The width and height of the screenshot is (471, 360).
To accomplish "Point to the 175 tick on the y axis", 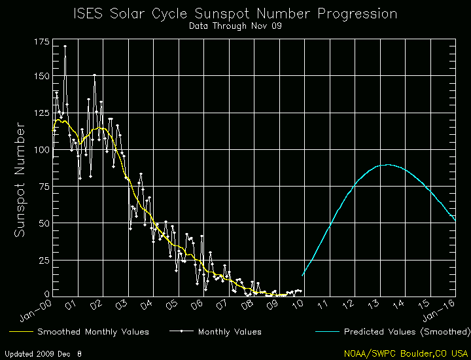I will click(41, 42).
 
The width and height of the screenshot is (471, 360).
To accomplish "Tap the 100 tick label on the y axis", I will click(41, 150).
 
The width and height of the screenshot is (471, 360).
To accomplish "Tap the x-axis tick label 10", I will click(299, 305).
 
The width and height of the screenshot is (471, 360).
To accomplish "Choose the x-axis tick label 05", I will click(172, 305).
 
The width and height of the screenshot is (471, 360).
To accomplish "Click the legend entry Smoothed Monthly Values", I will click(93, 332).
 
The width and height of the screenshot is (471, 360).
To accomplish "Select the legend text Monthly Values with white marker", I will click(230, 332).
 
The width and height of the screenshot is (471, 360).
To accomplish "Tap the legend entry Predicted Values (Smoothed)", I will click(408, 332).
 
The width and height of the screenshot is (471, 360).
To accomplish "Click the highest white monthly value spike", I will click(64, 46).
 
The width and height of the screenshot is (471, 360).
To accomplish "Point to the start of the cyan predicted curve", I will click(302, 275).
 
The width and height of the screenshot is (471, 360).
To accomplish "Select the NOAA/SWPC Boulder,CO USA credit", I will click(406, 353).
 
